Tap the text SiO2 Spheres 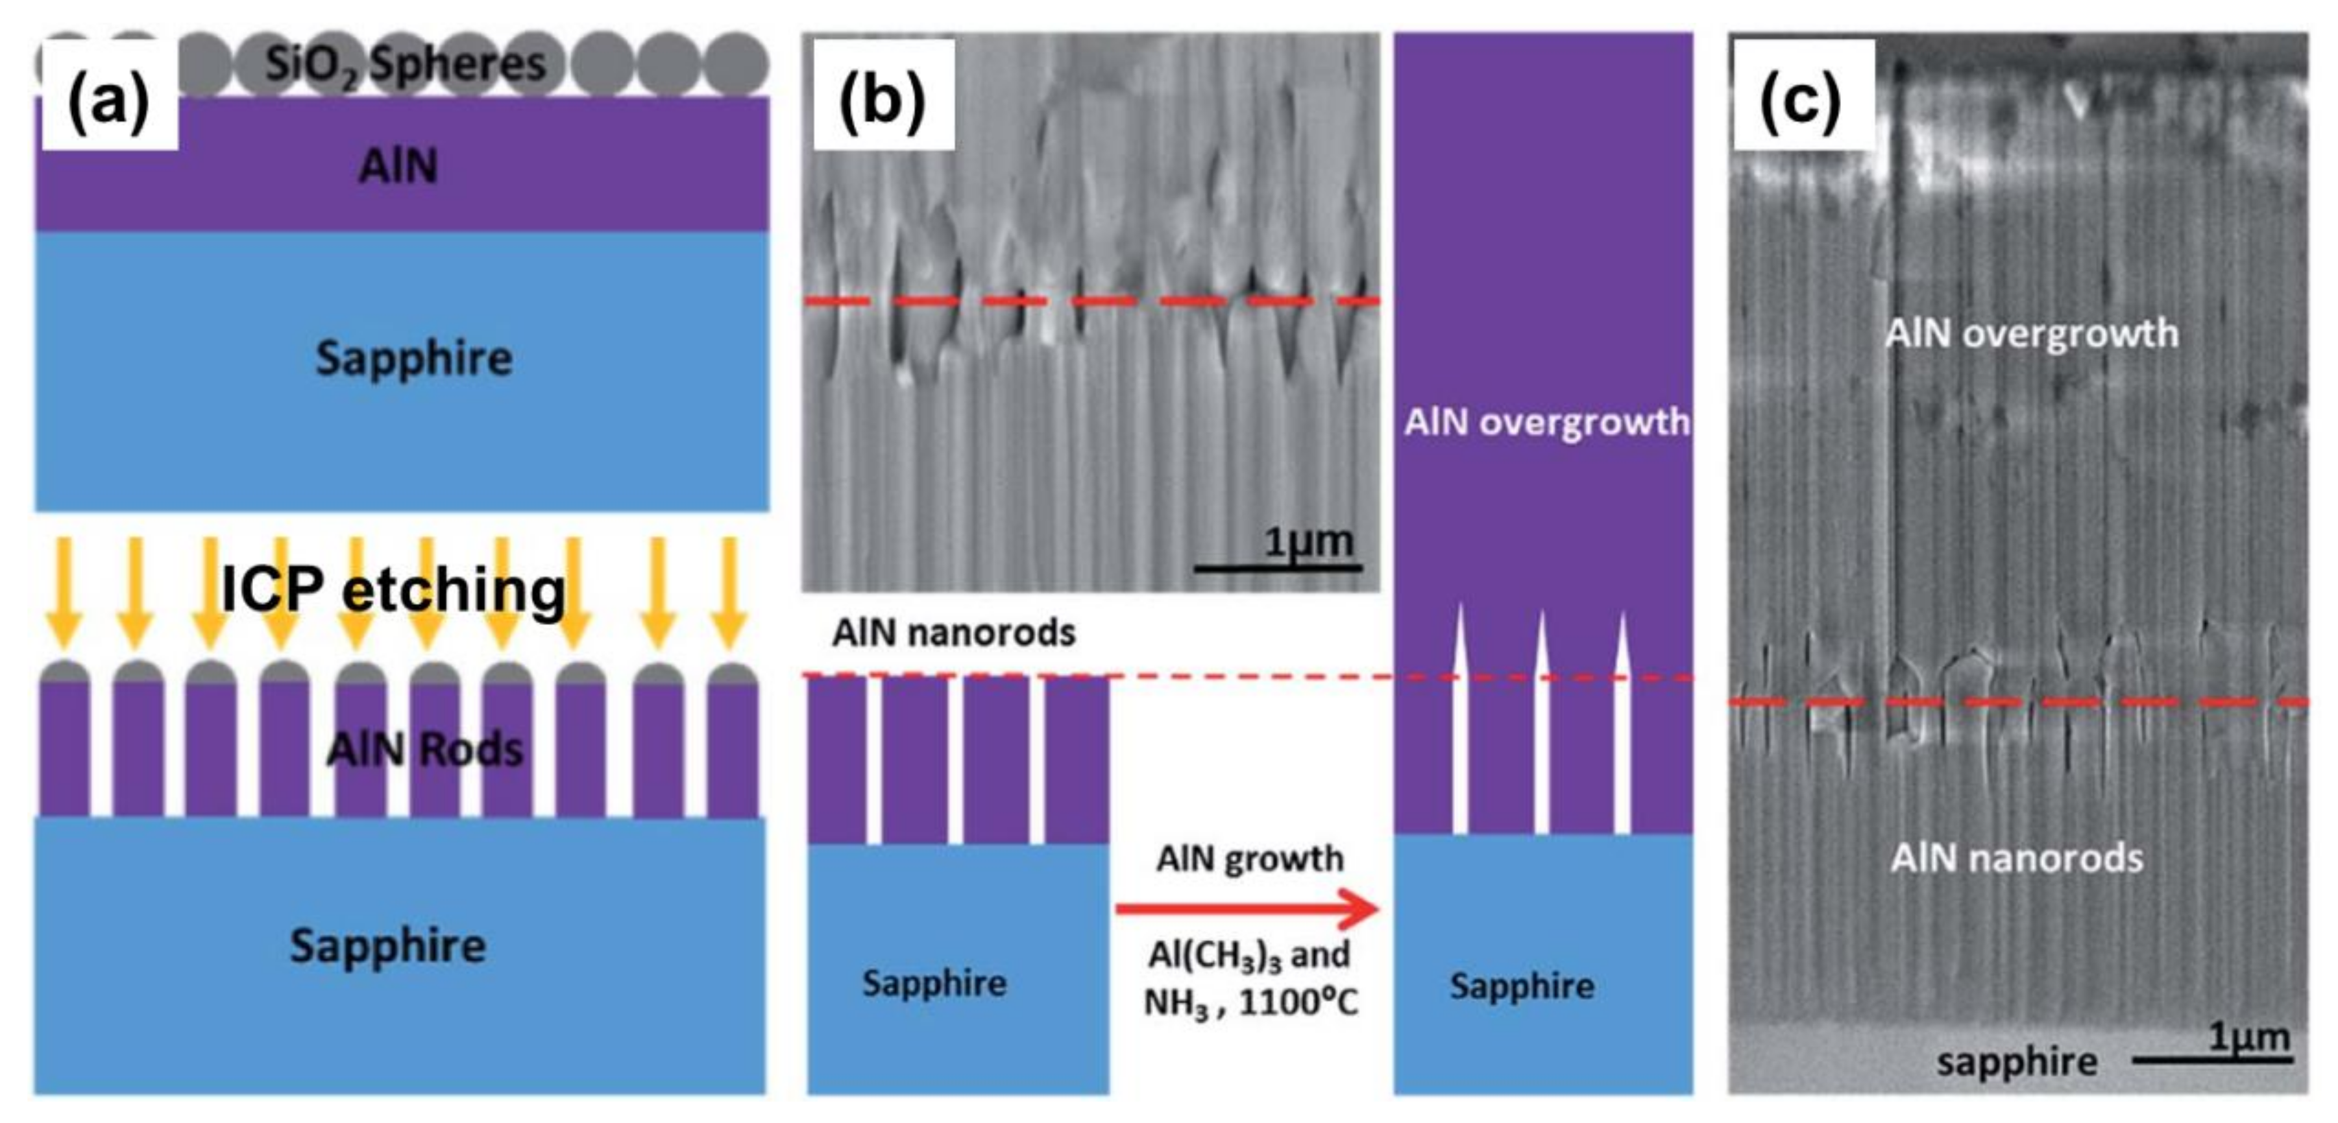point(405,64)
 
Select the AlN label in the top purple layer point(398,166)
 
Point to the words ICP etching point(394,589)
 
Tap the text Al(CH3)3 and point(1249,955)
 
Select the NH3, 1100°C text point(1250,1003)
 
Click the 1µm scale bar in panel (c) point(2213,1058)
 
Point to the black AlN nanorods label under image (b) point(953,632)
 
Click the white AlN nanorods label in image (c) point(2017,857)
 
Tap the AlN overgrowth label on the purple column point(1546,423)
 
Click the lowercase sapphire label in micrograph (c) point(2017,1061)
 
